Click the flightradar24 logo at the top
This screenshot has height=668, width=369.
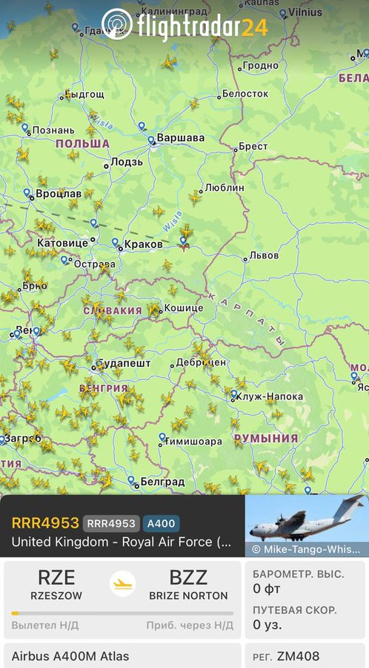(x=184, y=26)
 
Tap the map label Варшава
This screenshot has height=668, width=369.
(x=181, y=138)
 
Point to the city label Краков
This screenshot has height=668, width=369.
(x=144, y=244)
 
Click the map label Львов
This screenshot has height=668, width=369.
(x=264, y=255)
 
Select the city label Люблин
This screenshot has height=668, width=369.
(x=224, y=188)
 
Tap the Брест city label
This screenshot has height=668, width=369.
(x=253, y=147)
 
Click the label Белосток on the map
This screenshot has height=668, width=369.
(x=245, y=94)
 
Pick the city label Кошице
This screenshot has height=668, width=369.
(x=183, y=308)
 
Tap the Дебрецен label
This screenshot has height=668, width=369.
(x=201, y=363)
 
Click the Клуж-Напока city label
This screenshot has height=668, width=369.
(x=269, y=396)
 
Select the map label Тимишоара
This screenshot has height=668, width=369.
(x=195, y=442)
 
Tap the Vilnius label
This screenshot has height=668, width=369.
(x=305, y=12)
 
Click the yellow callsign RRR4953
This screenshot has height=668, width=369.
(x=44, y=523)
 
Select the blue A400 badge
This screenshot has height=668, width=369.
(x=160, y=523)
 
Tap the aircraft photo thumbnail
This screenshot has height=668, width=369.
(x=307, y=525)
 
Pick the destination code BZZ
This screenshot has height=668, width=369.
(x=188, y=577)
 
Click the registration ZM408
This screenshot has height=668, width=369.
(x=298, y=657)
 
